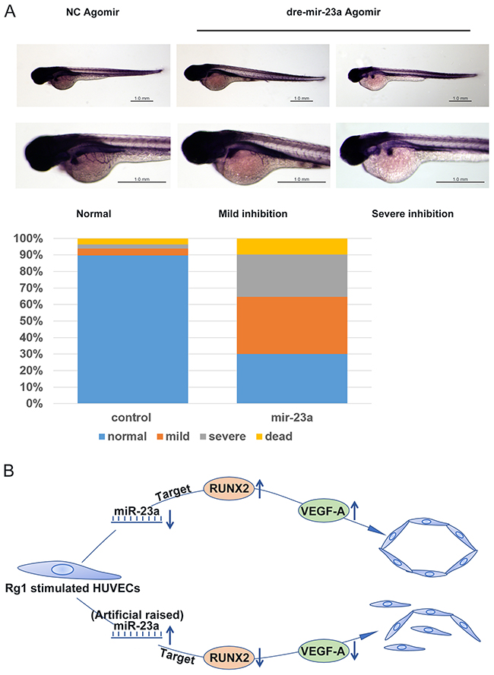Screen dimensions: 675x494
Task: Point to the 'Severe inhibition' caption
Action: point(412,214)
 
